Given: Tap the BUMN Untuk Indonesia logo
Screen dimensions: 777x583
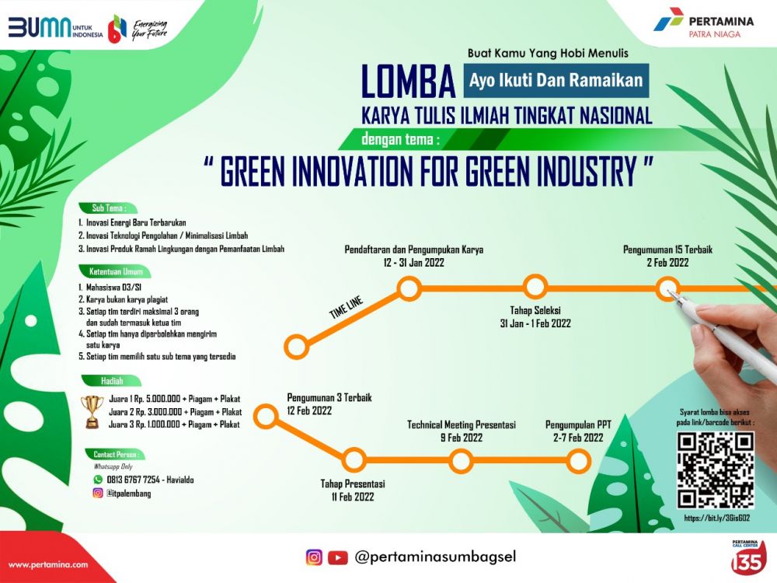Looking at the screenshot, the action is pyautogui.click(x=55, y=28).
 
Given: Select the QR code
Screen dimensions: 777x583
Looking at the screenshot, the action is pyautogui.click(x=716, y=469).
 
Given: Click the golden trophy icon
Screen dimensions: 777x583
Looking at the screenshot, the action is pyautogui.click(x=92, y=411).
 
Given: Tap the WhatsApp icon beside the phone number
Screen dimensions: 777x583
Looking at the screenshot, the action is pyautogui.click(x=98, y=480).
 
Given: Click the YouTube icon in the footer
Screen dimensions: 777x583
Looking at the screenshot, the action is pyautogui.click(x=337, y=557).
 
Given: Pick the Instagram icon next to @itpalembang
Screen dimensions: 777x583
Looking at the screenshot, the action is pyautogui.click(x=98, y=493).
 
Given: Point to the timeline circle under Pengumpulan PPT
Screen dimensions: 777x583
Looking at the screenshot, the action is pyautogui.click(x=578, y=461).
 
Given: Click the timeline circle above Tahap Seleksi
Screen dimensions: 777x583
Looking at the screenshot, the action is pyautogui.click(x=535, y=287).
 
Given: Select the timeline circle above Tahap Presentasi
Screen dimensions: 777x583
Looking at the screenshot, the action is pyautogui.click(x=354, y=459).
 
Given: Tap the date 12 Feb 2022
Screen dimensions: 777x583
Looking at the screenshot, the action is pyautogui.click(x=309, y=410).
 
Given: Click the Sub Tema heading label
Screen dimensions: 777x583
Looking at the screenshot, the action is pyautogui.click(x=109, y=208).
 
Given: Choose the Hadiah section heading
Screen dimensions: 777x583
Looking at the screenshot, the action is pyautogui.click(x=112, y=381).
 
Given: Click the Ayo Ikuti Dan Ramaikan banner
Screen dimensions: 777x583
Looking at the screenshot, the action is pyautogui.click(x=556, y=80).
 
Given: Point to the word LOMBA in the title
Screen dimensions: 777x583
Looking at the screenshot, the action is pyautogui.click(x=409, y=82).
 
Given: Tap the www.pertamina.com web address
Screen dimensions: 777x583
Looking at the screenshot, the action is pyautogui.click(x=48, y=564).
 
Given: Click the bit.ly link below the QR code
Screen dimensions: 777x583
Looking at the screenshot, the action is pyautogui.click(x=716, y=518).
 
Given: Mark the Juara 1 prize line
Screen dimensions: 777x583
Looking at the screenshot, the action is pyautogui.click(x=174, y=399).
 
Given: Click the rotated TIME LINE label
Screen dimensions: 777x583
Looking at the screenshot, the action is pyautogui.click(x=347, y=307).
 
